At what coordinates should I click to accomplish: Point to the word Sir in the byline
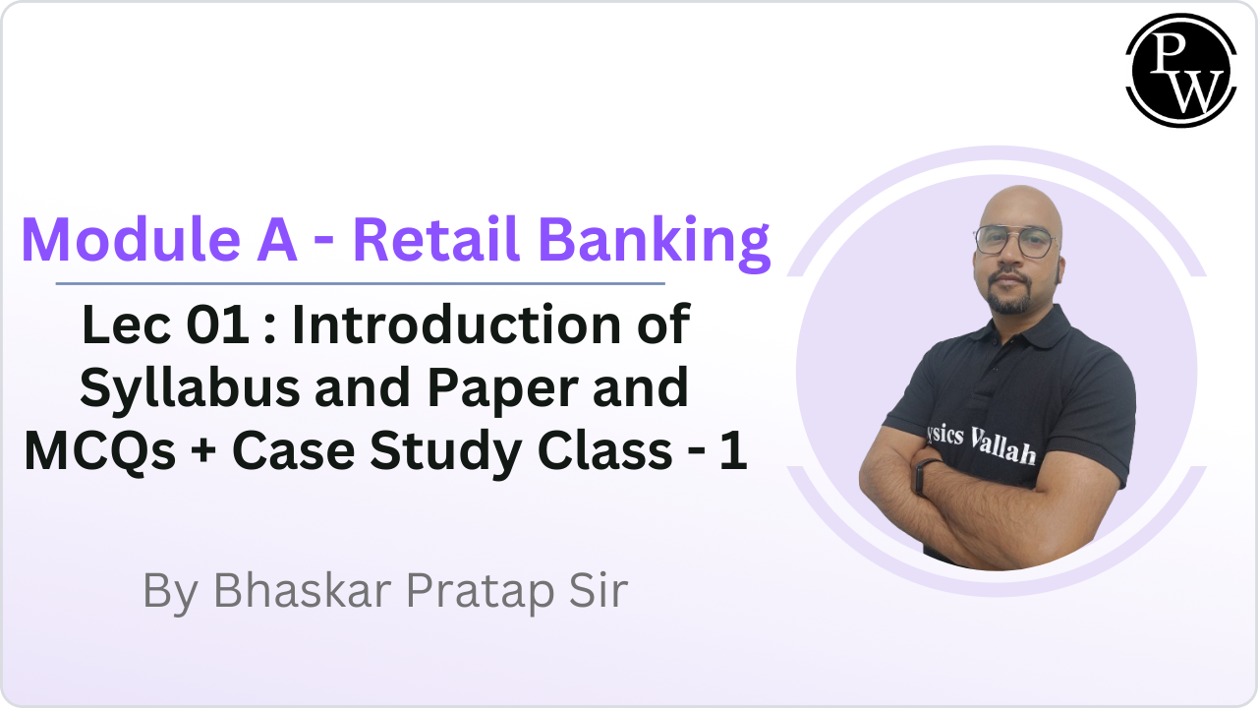tap(596, 591)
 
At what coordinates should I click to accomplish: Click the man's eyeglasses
tap(1011, 241)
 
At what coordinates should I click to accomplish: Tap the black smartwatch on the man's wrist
tap(923, 477)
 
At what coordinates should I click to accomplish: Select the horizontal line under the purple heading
tap(360, 283)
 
